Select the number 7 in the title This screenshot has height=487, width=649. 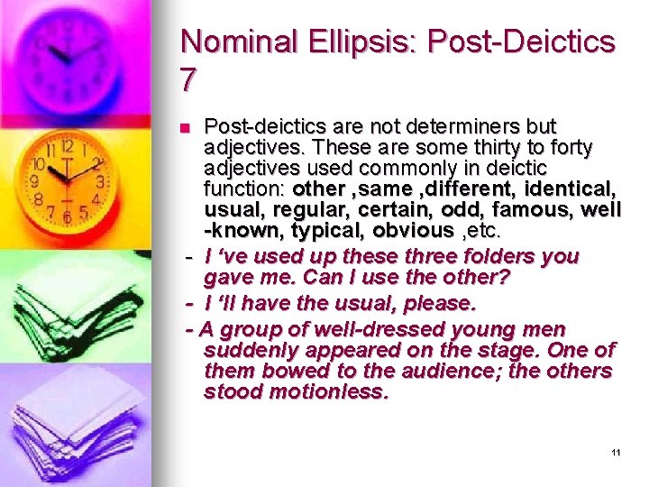point(188,80)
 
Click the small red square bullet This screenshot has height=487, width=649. point(186,126)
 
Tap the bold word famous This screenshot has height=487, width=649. point(514,210)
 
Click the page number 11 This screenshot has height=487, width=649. point(615,452)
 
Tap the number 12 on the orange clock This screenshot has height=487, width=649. point(67,146)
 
